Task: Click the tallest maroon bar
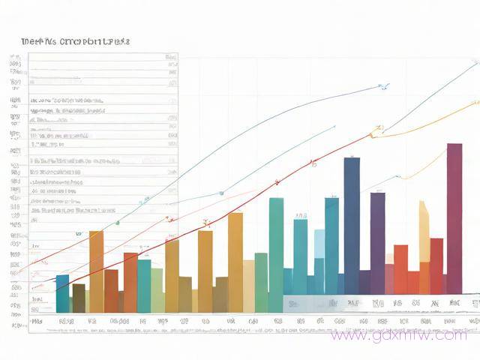point(454,217)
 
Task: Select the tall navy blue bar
point(351,225)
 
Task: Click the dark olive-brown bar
point(79,298)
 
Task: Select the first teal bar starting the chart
point(62,293)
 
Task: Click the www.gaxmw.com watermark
point(397,334)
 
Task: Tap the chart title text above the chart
point(76,42)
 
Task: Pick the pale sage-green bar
point(157,289)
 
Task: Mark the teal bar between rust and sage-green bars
point(143,285)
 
